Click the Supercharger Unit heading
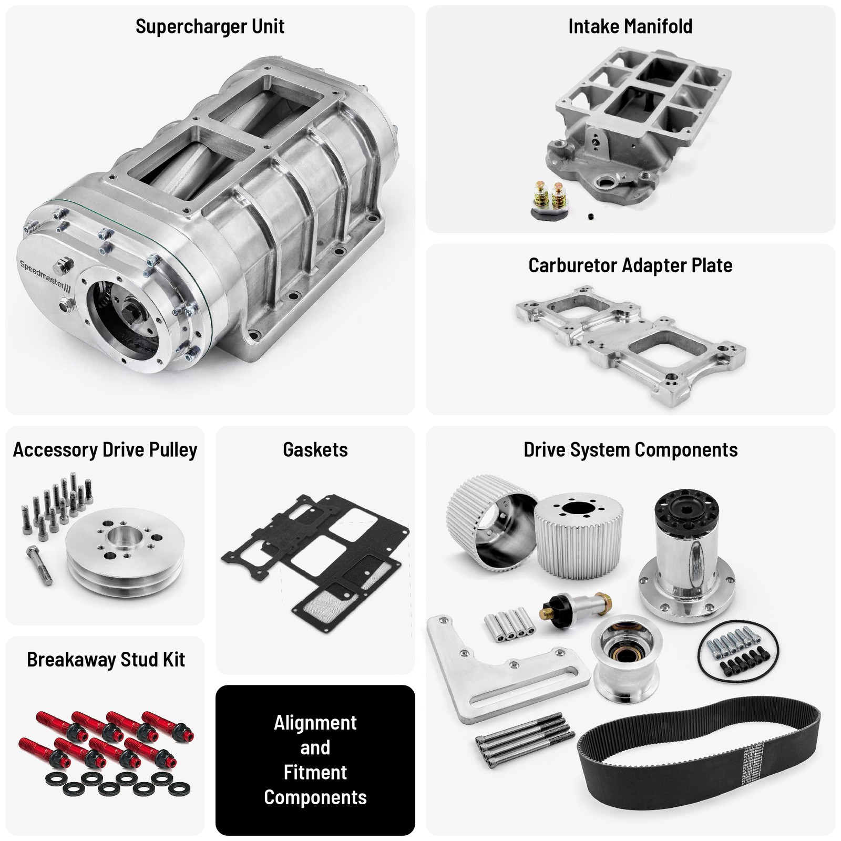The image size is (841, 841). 210,26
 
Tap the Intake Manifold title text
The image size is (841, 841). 630,26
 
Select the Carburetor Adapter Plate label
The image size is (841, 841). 630,265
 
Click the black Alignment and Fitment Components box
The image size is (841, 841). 315,760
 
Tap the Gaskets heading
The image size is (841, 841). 315,450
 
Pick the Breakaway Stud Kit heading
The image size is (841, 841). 106,660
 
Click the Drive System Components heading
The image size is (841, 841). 630,450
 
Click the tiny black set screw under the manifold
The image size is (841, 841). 591,216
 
